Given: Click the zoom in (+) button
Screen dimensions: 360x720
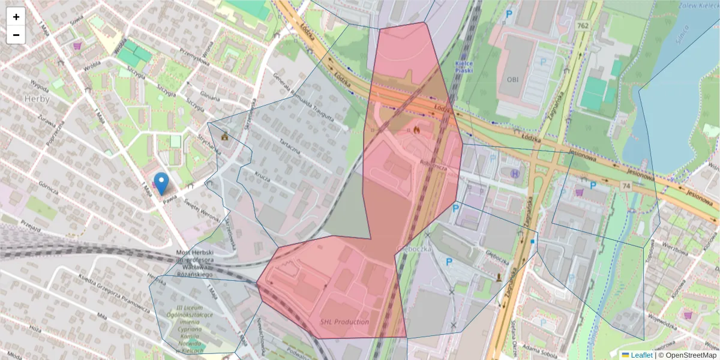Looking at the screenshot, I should click(16, 17).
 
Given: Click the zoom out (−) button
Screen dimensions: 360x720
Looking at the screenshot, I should click(16, 35).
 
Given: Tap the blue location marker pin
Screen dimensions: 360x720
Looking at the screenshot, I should click(161, 183).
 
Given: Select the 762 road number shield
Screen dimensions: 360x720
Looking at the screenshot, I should click(581, 26).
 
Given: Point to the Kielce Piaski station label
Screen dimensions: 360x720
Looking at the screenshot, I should click(464, 66).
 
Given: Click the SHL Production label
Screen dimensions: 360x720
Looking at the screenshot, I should click(344, 322).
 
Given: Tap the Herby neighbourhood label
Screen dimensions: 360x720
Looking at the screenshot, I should click(37, 98).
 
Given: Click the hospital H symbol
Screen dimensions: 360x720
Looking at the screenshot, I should click(514, 173).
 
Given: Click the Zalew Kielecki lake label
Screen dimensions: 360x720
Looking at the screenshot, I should click(700, 7).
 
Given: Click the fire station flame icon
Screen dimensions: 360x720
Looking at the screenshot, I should click(416, 128).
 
